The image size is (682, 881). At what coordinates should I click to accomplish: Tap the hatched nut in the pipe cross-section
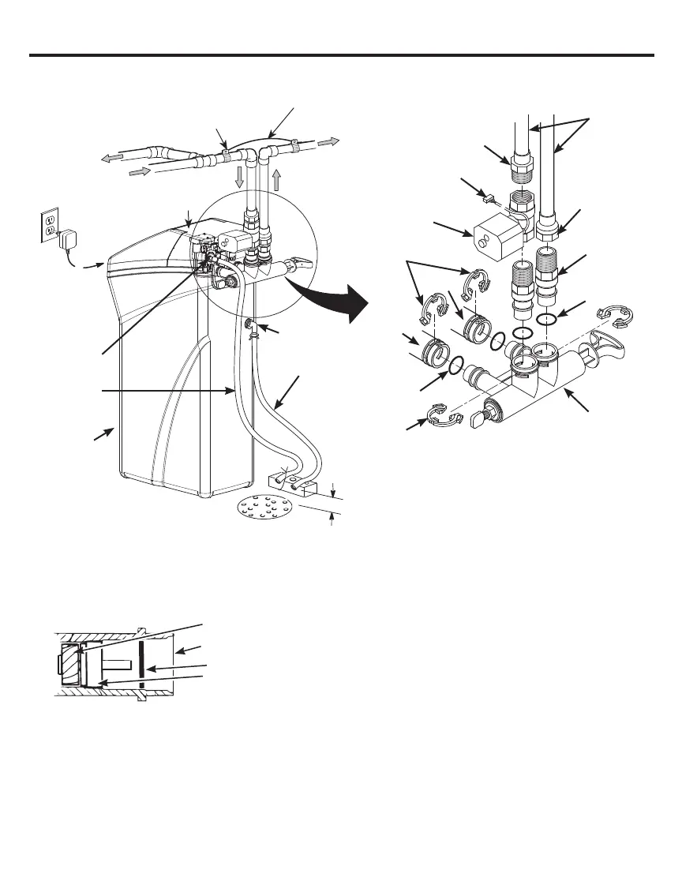(x=69, y=657)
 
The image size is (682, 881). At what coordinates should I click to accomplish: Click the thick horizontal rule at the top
(x=341, y=55)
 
